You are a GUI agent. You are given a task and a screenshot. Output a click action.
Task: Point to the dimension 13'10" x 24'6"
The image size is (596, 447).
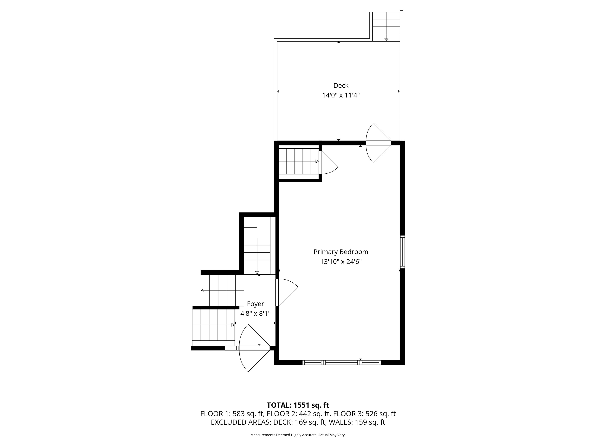[340, 262]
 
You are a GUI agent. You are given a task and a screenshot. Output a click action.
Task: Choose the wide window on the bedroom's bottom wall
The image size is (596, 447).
[341, 362]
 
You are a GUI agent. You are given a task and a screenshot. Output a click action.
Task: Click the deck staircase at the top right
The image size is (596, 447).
[386, 26]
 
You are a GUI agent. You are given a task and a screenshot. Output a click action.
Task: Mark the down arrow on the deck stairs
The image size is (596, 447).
[386, 39]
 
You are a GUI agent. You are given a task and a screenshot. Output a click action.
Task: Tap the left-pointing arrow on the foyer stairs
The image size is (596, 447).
[203, 290]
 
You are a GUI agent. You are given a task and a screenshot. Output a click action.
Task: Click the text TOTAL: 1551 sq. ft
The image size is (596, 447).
[298, 405]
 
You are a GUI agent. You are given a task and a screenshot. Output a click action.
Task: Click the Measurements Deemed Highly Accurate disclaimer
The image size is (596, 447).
[298, 435]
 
